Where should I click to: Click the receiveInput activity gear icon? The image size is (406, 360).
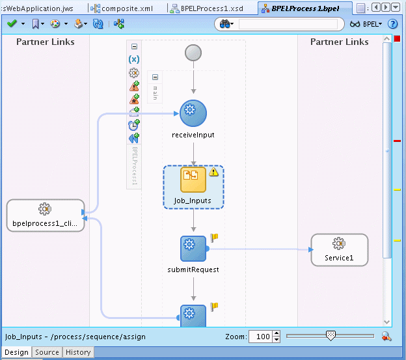(x=193, y=113)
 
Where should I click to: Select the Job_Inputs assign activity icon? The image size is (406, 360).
(x=193, y=179)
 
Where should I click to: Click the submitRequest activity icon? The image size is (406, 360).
(x=193, y=248)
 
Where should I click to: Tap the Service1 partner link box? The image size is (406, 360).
(x=339, y=250)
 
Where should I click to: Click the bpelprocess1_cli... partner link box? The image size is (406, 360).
(x=45, y=215)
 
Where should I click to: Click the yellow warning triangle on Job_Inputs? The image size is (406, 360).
(x=214, y=173)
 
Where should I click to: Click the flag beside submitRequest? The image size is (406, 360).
(x=213, y=239)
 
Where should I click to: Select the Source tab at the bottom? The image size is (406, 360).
(x=47, y=352)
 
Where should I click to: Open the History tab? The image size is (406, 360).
(x=78, y=352)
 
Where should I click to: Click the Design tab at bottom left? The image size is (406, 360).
(x=16, y=352)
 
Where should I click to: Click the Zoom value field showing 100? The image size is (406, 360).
(x=262, y=337)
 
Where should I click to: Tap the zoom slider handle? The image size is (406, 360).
(x=331, y=335)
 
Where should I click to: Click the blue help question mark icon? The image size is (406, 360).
(x=392, y=23)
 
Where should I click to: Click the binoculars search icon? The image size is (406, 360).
(x=226, y=23)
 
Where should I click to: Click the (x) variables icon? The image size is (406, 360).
(x=134, y=59)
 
